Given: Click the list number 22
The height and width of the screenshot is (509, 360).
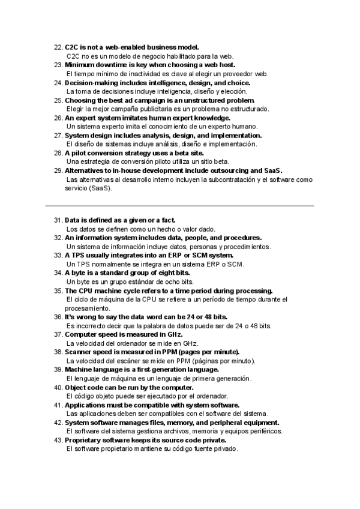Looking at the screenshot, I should coord(58,47).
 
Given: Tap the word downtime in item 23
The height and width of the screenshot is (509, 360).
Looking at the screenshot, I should coord(110,65).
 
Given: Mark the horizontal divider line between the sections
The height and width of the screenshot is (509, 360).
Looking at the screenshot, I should coord(180,206).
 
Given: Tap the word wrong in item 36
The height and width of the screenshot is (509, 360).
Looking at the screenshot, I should coord(87,317).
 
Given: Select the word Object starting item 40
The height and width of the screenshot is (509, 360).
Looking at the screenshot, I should coord(77,387).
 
